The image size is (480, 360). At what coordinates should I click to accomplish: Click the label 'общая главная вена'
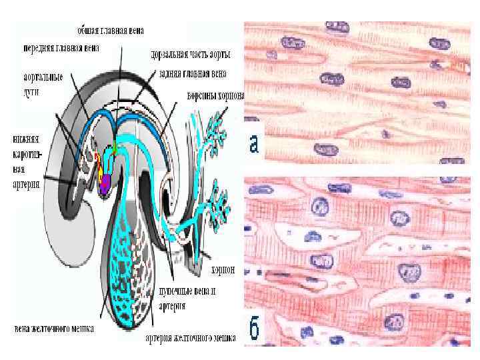[111, 31]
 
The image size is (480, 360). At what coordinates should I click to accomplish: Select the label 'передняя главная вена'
[61, 49]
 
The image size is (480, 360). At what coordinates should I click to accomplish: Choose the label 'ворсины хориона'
[215, 95]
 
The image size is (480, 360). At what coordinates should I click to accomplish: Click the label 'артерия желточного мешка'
[191, 338]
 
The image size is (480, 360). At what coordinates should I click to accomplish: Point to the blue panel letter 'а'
[254, 143]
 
